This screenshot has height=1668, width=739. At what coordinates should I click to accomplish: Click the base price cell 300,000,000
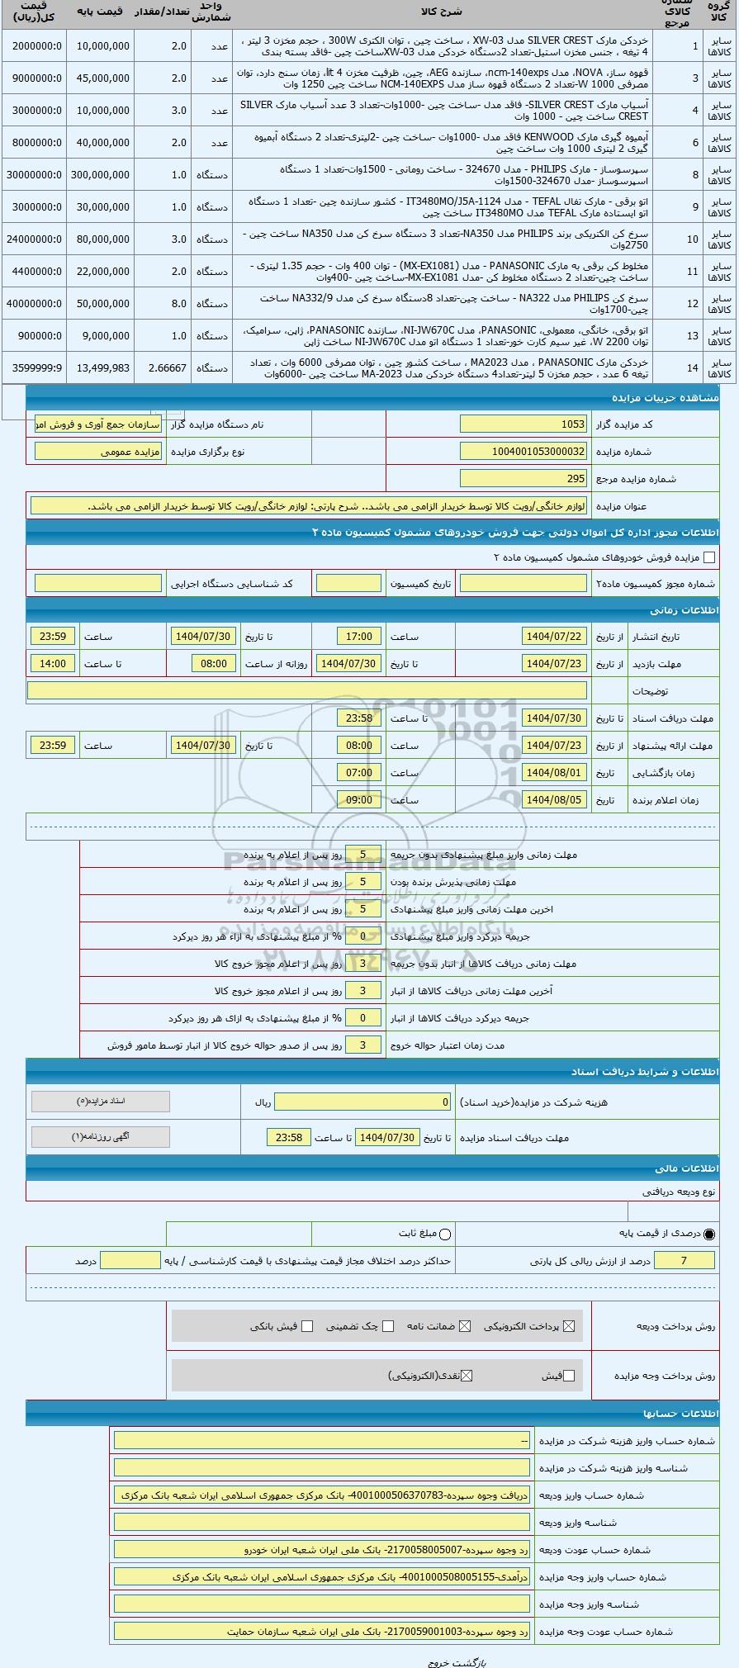coord(100,175)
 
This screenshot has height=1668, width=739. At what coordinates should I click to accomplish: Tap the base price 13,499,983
coord(100,368)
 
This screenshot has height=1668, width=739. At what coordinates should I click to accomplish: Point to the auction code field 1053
coord(524,424)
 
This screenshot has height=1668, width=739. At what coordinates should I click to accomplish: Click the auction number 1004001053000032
coord(524,452)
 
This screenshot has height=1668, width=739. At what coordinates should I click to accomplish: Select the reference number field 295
coord(524,479)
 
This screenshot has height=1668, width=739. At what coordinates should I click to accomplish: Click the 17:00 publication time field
coord(359,637)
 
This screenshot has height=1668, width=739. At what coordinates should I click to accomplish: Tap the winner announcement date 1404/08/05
coord(554,800)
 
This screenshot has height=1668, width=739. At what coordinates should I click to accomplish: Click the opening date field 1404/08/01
coord(554,773)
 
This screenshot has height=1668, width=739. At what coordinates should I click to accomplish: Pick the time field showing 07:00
coord(359,773)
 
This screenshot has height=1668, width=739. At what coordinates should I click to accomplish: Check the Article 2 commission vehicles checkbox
coord(709,557)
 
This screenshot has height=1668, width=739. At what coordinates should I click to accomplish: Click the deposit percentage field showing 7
coord(683,1260)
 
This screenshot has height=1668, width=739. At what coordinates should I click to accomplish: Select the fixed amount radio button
coord(446,1234)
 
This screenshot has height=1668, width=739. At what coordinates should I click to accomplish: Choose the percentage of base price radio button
coord(709,1234)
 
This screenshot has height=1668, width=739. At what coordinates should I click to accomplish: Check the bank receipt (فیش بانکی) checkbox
coord(307,1326)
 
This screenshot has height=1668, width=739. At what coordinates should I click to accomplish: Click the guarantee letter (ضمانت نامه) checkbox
coord(465,1326)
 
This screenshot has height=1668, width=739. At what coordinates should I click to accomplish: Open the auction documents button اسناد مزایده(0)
coord(100,1102)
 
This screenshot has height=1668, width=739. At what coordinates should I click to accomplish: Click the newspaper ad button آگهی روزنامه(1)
coord(100,1137)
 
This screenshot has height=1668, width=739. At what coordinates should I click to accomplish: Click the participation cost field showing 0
coord(363,1102)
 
